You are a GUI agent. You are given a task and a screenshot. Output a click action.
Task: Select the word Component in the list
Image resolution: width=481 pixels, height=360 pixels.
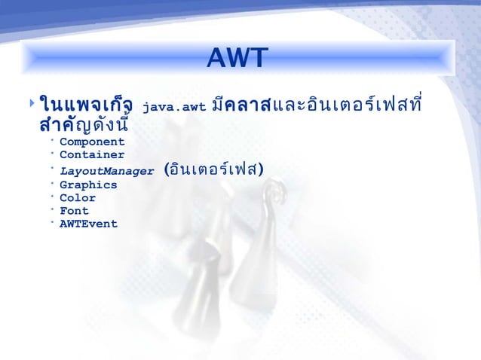(92, 142)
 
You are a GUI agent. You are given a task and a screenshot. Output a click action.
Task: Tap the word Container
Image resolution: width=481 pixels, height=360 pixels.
(92, 155)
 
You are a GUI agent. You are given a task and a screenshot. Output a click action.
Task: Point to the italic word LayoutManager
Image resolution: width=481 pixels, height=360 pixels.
(106, 171)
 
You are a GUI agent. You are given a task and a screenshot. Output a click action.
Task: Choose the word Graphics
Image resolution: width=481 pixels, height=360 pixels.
(88, 185)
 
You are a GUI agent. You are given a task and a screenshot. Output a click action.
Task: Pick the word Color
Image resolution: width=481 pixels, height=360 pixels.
(78, 198)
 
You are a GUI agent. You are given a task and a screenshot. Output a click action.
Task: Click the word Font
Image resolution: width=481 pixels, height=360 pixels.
(74, 211)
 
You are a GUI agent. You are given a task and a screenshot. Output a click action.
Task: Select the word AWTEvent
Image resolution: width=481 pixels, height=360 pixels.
(88, 224)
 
